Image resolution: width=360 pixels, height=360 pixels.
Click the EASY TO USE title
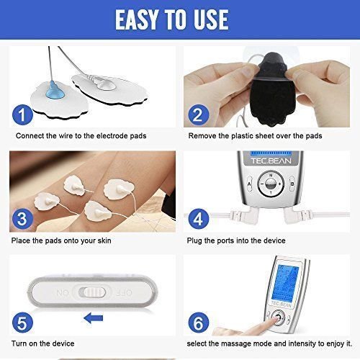click(180, 19)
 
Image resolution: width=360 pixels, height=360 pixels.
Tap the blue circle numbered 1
click(22, 114)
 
